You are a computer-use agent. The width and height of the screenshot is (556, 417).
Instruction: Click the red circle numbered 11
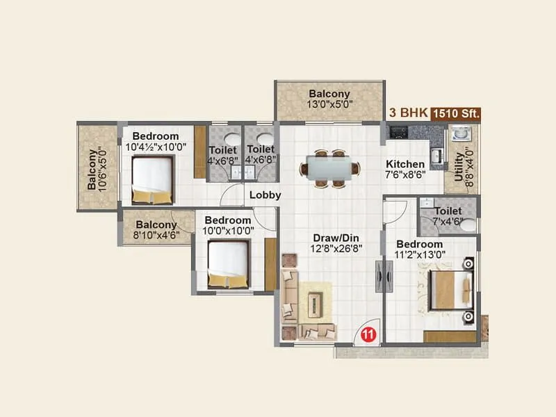tap(368, 334)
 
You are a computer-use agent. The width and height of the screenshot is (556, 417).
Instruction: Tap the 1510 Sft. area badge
tap(456, 113)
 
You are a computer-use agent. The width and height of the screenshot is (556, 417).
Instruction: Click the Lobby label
tap(265, 195)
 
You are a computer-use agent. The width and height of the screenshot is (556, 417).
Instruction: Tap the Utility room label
tap(459, 167)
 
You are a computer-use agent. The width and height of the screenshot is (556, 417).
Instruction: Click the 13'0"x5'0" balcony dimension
tap(329, 106)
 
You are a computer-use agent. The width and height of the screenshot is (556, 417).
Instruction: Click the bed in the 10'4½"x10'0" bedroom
tap(152, 179)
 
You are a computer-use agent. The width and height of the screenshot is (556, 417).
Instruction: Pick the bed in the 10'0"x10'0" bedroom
tap(228, 264)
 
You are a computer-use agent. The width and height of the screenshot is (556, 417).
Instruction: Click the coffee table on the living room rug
tap(316, 303)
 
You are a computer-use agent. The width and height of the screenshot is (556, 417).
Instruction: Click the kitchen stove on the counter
tap(398, 130)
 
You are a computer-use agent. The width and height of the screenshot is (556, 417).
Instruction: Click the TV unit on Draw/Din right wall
tap(379, 277)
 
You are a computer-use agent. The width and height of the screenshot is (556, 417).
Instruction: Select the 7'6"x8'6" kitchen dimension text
tap(405, 177)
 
